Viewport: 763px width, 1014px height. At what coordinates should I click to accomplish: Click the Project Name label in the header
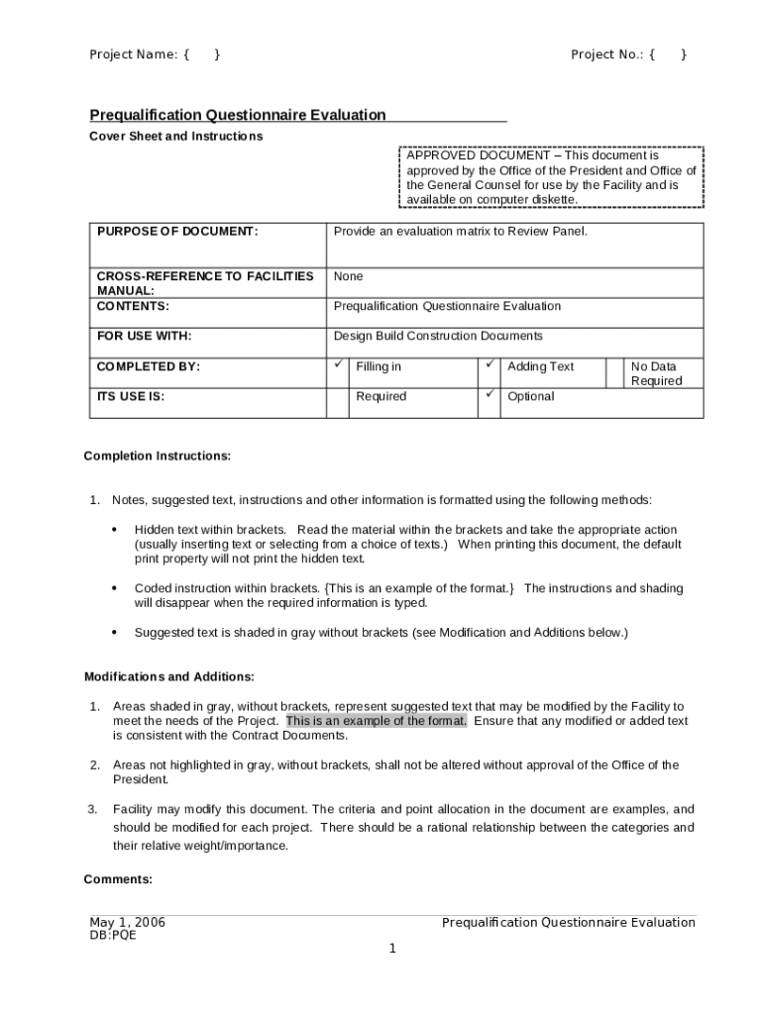point(134,54)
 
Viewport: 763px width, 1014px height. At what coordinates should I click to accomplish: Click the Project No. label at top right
point(608,54)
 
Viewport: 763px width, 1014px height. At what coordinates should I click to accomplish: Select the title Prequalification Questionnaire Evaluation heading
point(238,115)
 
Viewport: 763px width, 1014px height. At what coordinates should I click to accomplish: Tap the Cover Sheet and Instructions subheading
point(176,136)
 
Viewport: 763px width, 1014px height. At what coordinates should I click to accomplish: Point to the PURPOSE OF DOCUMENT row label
point(177,232)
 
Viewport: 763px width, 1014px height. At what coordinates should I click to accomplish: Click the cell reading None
point(348,276)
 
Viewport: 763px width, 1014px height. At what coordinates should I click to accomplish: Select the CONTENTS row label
point(133,306)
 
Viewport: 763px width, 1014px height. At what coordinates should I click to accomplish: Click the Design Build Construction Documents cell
point(438,336)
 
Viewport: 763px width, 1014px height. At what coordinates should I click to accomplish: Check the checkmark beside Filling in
point(337,365)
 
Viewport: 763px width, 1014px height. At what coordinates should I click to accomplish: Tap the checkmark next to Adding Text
point(489,365)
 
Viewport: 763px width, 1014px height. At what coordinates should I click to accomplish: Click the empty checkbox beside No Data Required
point(614,372)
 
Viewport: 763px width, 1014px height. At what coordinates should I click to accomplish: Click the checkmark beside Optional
point(489,395)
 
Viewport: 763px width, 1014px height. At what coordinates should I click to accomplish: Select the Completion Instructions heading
point(157,456)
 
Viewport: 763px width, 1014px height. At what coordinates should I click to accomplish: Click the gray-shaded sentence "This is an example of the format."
point(377,721)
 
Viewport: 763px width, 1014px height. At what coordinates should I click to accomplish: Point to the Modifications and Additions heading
point(168,677)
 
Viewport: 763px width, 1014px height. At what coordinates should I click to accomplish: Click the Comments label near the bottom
point(118,879)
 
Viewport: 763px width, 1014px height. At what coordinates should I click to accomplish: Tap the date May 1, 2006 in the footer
point(127,923)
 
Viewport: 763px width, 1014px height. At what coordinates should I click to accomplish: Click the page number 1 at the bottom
point(392,949)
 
